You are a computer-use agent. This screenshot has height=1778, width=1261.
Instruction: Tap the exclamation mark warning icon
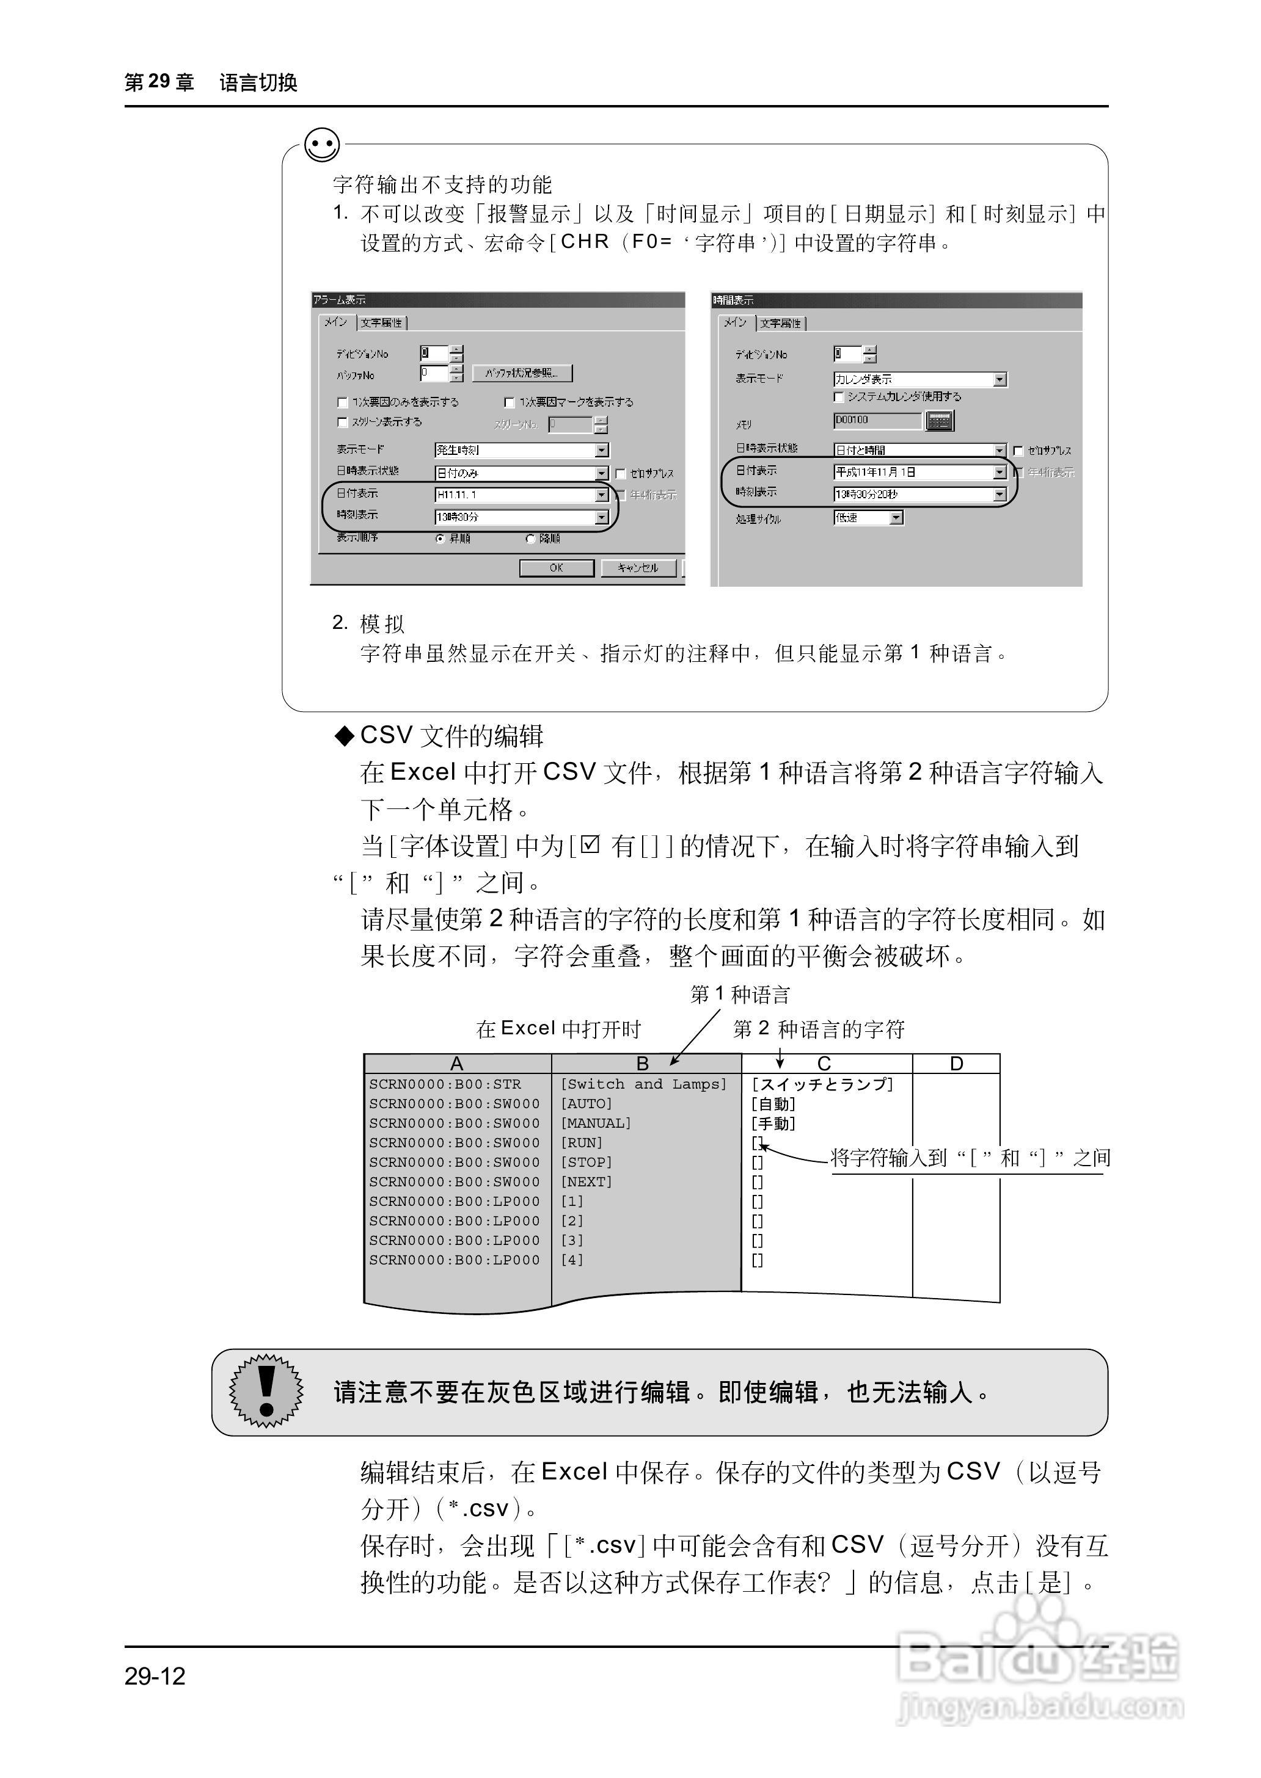coord(266,1391)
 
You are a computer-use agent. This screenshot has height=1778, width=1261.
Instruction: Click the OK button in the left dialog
coord(556,568)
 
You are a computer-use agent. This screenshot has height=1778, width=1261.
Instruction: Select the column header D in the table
coord(956,1063)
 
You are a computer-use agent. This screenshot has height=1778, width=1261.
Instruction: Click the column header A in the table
coord(456,1063)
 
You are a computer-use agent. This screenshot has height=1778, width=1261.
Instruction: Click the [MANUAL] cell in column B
coord(596,1123)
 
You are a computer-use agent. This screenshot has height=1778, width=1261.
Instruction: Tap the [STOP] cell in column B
coord(587,1162)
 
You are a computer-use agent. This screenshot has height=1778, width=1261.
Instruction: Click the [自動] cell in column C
coord(773,1103)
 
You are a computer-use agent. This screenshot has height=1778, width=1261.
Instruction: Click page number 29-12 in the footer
coord(155,1676)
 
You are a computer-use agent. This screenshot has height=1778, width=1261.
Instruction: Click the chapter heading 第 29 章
coord(159,82)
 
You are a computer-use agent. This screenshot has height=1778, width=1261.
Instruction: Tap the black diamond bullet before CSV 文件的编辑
coord(343,736)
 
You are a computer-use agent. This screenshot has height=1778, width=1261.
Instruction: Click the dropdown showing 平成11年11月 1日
coord(919,472)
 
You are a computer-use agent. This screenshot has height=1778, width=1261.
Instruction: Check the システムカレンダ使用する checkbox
coord(839,397)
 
